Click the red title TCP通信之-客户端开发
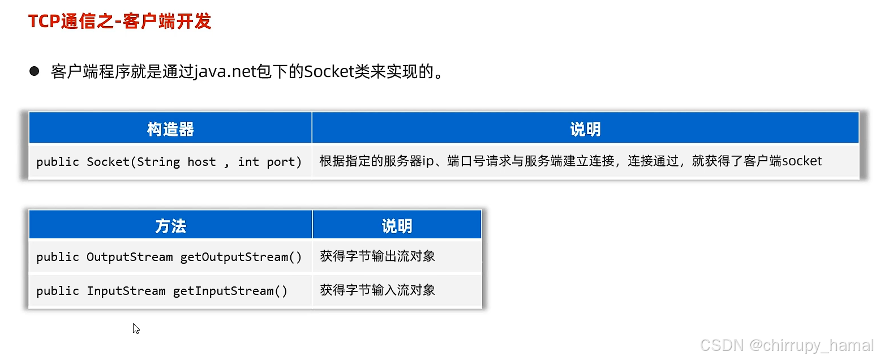coord(119,22)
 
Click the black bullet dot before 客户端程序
coord(35,71)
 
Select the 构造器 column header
coord(170,129)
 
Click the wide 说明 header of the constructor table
coord(585,129)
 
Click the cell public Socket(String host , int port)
coord(169,162)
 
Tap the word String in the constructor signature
coord(158,162)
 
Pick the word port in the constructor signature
coord(281,162)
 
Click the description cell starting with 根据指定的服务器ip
coord(570,161)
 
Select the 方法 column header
coord(170,226)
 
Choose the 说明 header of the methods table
coord(397,226)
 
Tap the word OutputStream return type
coord(130,257)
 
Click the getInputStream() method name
coord(230,291)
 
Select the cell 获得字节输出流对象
coord(377,256)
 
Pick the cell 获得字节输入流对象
coord(377,290)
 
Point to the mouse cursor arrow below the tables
coord(136,328)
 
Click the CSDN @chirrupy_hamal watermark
coord(787,345)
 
